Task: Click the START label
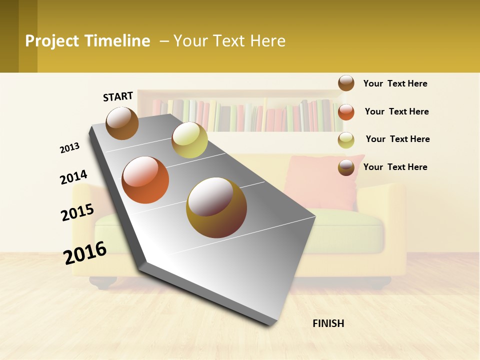pyautogui.click(x=118, y=96)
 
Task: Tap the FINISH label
pyautogui.click(x=328, y=323)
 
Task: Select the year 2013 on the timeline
pyautogui.click(x=70, y=148)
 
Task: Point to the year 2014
pyautogui.click(x=73, y=177)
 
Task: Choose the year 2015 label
pyautogui.click(x=77, y=212)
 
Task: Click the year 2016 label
pyautogui.click(x=85, y=252)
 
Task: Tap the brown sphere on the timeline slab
pyautogui.click(x=122, y=123)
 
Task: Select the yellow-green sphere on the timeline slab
pyautogui.click(x=189, y=140)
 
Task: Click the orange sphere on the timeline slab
pyautogui.click(x=145, y=180)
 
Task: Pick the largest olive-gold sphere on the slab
pyautogui.click(x=216, y=207)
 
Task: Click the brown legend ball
pyautogui.click(x=346, y=83)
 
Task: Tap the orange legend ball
pyautogui.click(x=346, y=112)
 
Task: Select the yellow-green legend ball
pyautogui.click(x=346, y=140)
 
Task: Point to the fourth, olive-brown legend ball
pyautogui.click(x=346, y=167)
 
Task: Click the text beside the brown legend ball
pyautogui.click(x=395, y=83)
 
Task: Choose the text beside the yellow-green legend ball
pyautogui.click(x=397, y=139)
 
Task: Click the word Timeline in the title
pyautogui.click(x=117, y=41)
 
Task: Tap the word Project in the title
pyautogui.click(x=52, y=41)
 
